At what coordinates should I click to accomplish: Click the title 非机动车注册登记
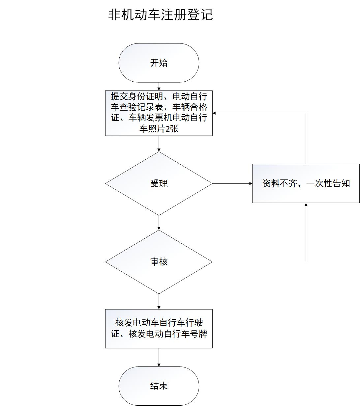pyautogui.click(x=161, y=15)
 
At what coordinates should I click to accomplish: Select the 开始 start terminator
pyautogui.click(x=159, y=63)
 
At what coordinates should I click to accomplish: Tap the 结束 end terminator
pyautogui.click(x=159, y=386)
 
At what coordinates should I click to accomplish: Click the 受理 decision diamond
pyautogui.click(x=159, y=183)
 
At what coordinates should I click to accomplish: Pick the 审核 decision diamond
pyautogui.click(x=159, y=262)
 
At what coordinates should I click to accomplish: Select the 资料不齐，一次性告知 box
pyautogui.click(x=306, y=183)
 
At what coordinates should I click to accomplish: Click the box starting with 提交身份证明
pyautogui.click(x=159, y=113)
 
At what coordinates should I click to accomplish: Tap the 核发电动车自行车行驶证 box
pyautogui.click(x=159, y=328)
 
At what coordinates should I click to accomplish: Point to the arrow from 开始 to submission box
pyautogui.click(x=159, y=87)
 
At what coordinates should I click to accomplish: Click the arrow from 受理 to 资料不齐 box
pyautogui.click(x=232, y=183)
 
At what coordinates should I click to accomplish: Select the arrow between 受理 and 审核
pyautogui.click(x=159, y=223)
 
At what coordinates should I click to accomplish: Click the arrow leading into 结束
pyautogui.click(x=159, y=358)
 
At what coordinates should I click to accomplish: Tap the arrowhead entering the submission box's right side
pyautogui.click(x=215, y=113)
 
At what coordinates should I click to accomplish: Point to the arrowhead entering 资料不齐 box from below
pyautogui.click(x=306, y=205)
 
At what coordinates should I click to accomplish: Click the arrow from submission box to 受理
pyautogui.click(x=159, y=144)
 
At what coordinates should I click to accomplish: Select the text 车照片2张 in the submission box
pyautogui.click(x=159, y=129)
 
